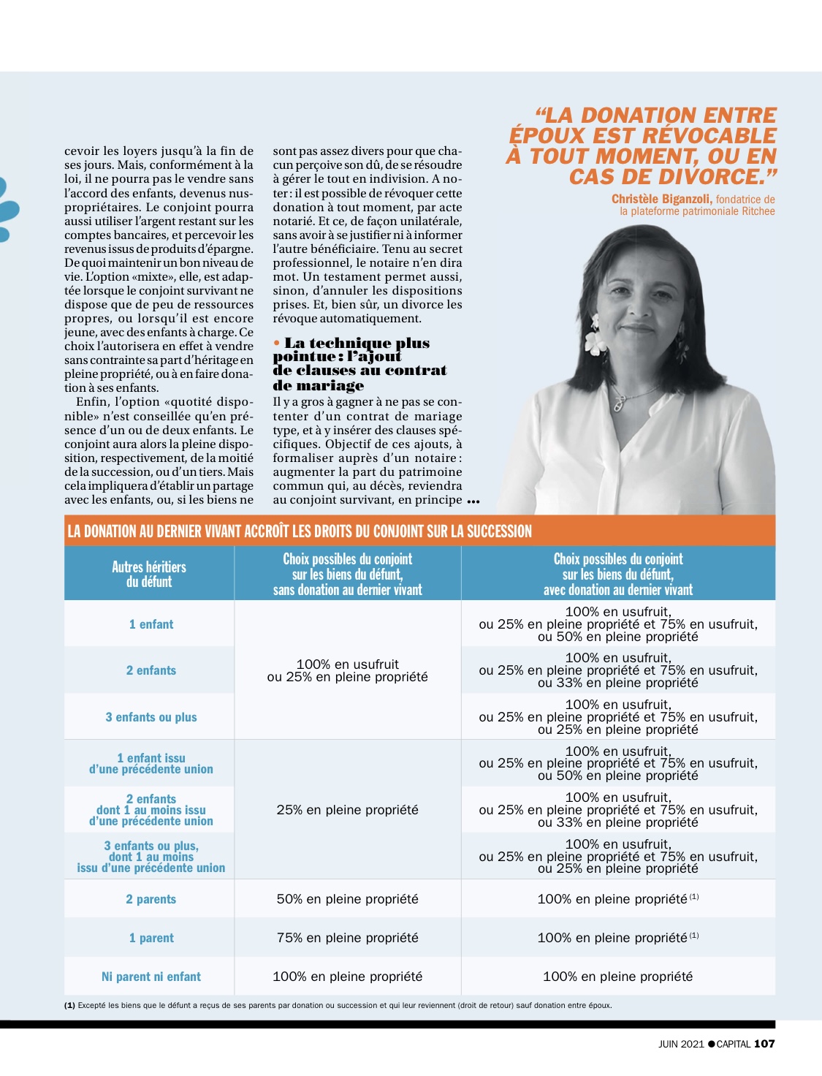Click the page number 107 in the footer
click(764, 1043)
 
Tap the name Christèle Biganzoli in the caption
click(662, 199)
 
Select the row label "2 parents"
click(151, 899)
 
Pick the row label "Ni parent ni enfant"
click(151, 977)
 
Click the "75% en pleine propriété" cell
click(348, 938)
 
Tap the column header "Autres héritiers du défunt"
click(149, 574)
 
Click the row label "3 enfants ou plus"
click(151, 717)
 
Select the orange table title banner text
click(300, 531)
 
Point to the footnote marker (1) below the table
click(69, 1005)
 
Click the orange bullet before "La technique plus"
click(277, 343)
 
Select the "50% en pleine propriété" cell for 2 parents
click(348, 899)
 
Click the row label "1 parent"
click(151, 938)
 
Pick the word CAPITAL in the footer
click(733, 1044)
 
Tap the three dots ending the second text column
click(473, 501)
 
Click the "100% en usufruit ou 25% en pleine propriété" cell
click(348, 670)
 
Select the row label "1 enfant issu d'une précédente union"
click(151, 763)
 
